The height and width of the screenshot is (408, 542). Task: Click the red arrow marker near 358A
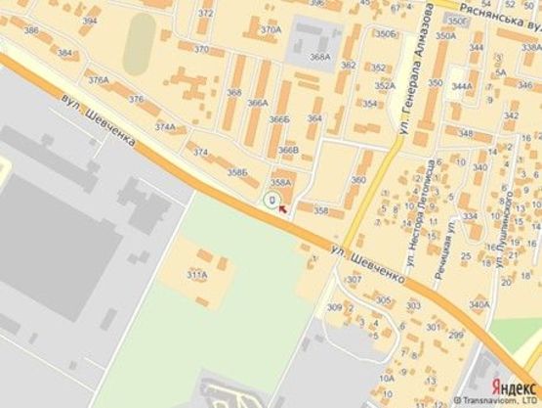(x=283, y=204)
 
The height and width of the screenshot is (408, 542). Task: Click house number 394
(x=90, y=20)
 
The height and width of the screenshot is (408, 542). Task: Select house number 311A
(x=196, y=275)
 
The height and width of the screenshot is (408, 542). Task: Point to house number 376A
(x=97, y=80)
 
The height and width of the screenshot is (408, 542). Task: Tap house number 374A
(x=165, y=126)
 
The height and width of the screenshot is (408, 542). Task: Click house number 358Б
(x=238, y=172)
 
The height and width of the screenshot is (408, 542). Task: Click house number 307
(x=354, y=280)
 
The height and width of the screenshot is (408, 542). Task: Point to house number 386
(x=31, y=30)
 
